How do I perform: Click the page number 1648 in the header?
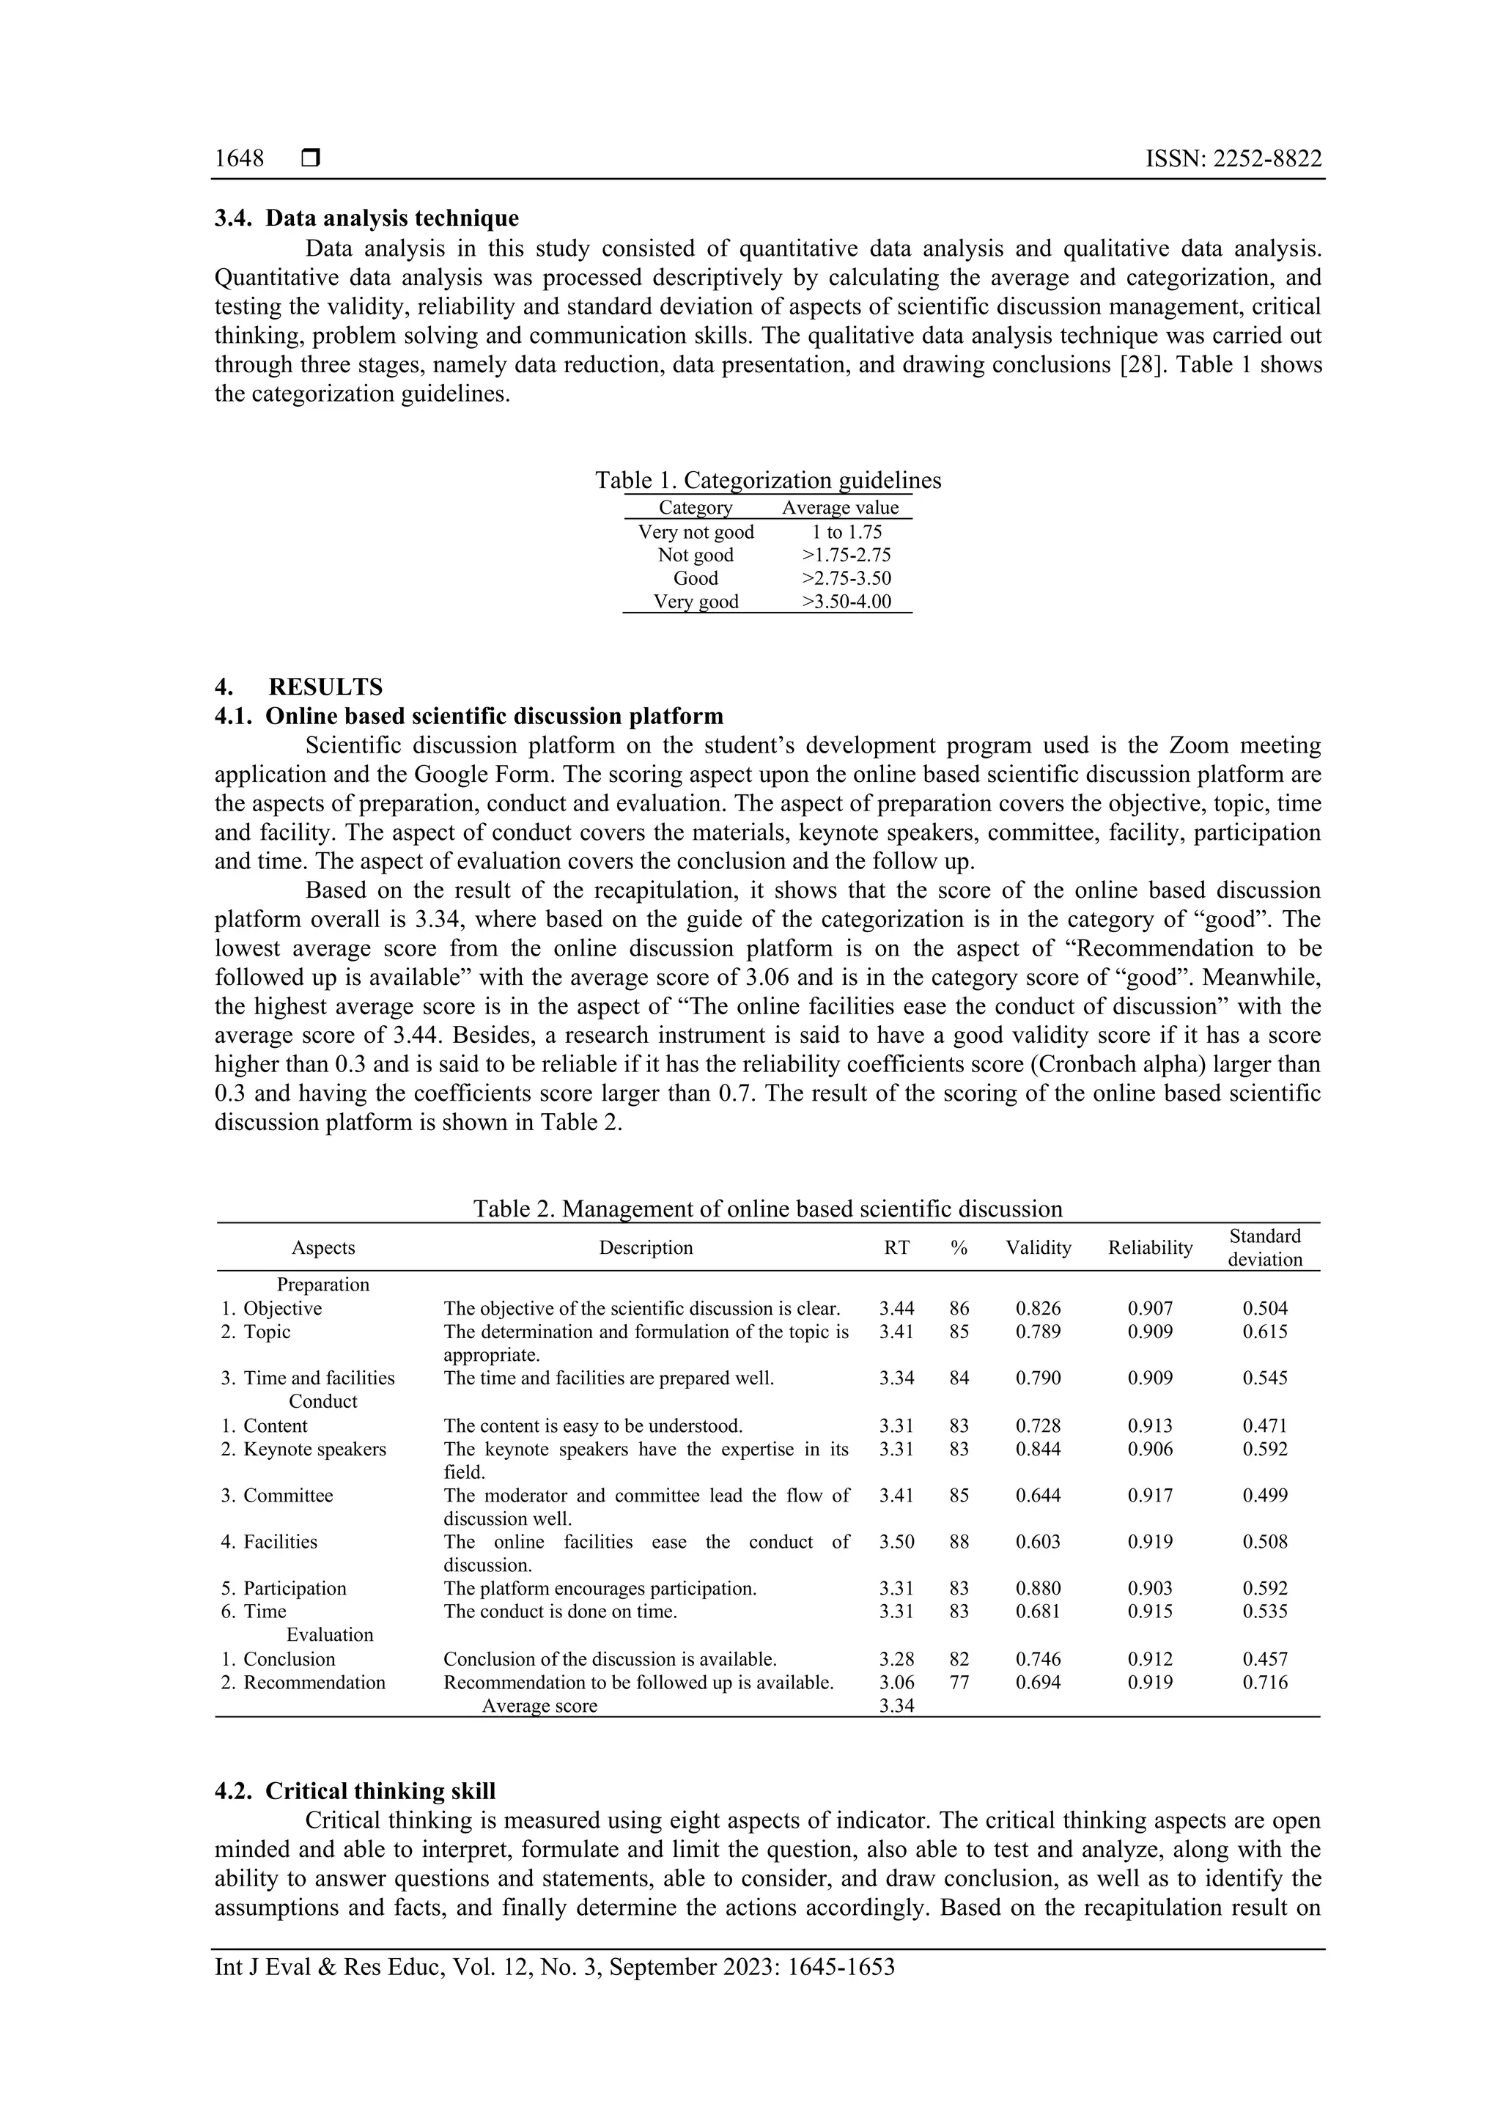pyautogui.click(x=239, y=159)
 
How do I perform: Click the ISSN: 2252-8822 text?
pyautogui.click(x=1233, y=159)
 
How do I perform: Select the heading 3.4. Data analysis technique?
pyautogui.click(x=366, y=218)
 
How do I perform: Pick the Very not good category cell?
pyautogui.click(x=696, y=532)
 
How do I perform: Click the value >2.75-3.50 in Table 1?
pyautogui.click(x=847, y=578)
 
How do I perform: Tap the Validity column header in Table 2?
pyautogui.click(x=1038, y=1247)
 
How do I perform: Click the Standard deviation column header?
pyautogui.click(x=1264, y=1247)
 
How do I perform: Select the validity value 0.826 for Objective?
pyautogui.click(x=1038, y=1308)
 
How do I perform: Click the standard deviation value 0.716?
pyautogui.click(x=1264, y=1682)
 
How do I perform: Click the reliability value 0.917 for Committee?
pyautogui.click(x=1149, y=1495)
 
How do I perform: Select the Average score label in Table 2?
pyautogui.click(x=539, y=1705)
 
